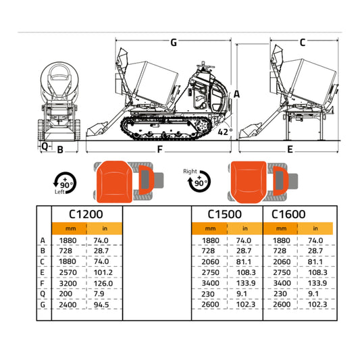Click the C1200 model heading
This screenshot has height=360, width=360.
(x=86, y=214)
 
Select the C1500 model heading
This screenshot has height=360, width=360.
(x=225, y=214)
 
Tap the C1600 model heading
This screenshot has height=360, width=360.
(x=288, y=214)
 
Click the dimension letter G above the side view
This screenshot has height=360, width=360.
(x=174, y=43)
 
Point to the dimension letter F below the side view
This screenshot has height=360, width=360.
(x=160, y=149)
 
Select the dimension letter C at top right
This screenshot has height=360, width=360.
(x=302, y=43)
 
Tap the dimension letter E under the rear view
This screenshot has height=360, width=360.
(x=290, y=149)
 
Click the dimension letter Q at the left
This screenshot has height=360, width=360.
(x=45, y=145)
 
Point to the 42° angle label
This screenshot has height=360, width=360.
(x=224, y=132)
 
